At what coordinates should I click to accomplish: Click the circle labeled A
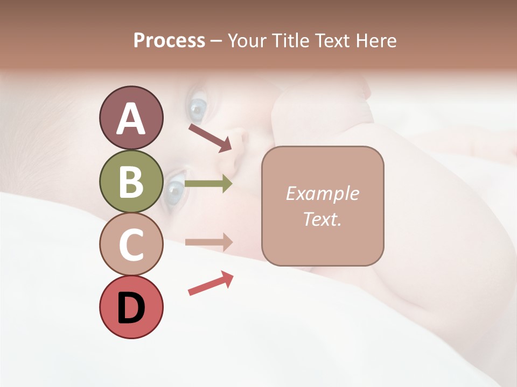point(131,118)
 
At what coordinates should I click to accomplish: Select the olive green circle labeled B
point(131,181)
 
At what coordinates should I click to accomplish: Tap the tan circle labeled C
point(131,244)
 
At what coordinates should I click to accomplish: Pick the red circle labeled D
point(131,307)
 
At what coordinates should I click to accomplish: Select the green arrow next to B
point(208,184)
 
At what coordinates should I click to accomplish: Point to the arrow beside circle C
point(208,242)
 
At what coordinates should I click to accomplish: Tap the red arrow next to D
point(211,283)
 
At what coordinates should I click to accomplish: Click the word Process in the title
point(169,40)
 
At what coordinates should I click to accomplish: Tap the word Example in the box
point(322,193)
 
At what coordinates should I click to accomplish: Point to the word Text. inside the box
point(322,219)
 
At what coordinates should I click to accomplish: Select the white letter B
point(131,181)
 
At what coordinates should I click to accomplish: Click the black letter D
point(131,307)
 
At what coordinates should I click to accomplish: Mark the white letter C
point(131,245)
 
